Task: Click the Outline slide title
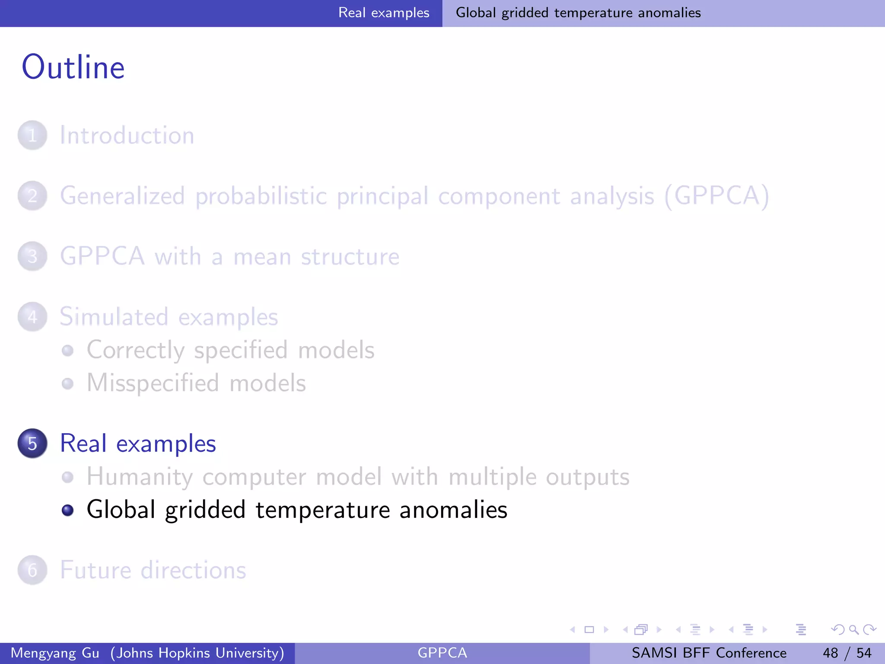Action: pos(73,67)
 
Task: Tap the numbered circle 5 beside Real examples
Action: pos(32,443)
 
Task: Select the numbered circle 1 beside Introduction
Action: pos(32,135)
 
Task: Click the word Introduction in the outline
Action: pos(127,135)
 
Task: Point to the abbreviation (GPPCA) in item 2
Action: pos(717,196)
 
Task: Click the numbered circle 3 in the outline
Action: pos(32,256)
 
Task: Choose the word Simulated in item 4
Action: pos(114,317)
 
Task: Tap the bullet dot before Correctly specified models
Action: pos(67,350)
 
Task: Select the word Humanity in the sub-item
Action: pos(139,477)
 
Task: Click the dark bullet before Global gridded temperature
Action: pos(67,510)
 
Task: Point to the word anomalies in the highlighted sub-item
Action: pos(453,510)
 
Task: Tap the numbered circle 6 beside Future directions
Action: pos(32,570)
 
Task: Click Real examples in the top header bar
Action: pos(384,13)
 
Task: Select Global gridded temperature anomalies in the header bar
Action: pos(578,13)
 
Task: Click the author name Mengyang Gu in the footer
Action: pos(55,653)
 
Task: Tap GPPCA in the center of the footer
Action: pos(442,653)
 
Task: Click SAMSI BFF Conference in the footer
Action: pos(709,653)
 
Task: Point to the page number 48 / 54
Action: pos(847,653)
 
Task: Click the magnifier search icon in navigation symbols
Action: pos(853,629)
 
